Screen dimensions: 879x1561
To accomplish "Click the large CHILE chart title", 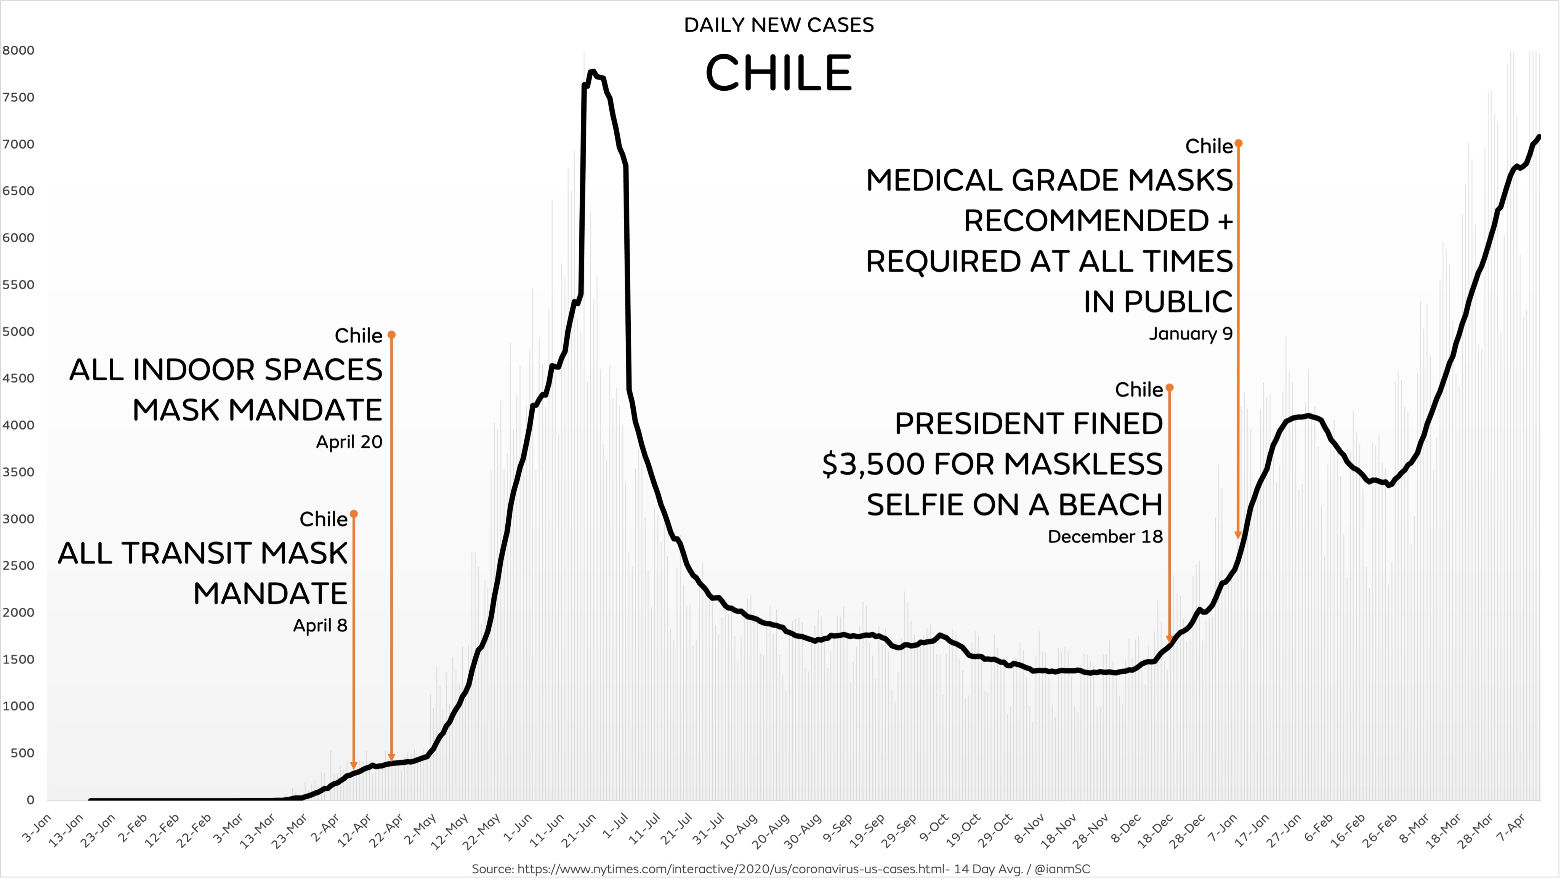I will (779, 73).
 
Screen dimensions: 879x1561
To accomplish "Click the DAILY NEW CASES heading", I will (779, 25).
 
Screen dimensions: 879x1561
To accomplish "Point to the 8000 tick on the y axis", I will (18, 50).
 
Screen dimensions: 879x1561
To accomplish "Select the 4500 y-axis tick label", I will (18, 378).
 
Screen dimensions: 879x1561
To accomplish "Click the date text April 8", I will (320, 625).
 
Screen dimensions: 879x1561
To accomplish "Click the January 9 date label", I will (1191, 334).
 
